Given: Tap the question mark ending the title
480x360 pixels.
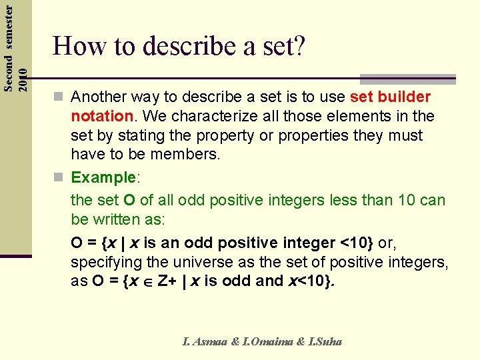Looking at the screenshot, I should tap(299, 46).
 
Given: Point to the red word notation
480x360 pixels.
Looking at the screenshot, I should tap(102, 116).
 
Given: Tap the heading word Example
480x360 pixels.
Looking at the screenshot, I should tap(103, 177).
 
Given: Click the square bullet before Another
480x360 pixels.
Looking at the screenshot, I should tap(61, 98).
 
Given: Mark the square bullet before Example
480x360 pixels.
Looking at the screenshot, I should tap(61, 178).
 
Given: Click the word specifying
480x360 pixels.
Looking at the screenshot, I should tap(101, 262).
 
